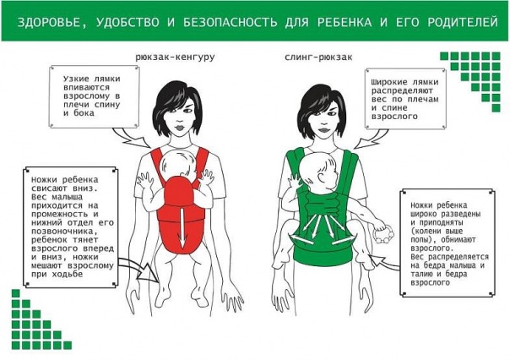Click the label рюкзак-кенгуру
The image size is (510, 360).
tap(175, 57)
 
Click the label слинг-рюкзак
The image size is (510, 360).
tap(318, 57)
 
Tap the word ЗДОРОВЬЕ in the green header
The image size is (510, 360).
tap(49, 23)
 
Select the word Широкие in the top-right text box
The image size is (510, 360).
tap(388, 82)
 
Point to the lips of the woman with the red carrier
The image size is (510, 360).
tap(179, 126)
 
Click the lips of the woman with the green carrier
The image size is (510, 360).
tap(323, 130)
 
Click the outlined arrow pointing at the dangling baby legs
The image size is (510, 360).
tap(138, 268)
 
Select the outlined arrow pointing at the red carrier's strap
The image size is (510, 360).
tap(131, 138)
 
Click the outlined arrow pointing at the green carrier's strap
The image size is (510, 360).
tap(371, 139)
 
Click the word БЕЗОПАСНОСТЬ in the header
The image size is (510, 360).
tap(230, 22)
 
